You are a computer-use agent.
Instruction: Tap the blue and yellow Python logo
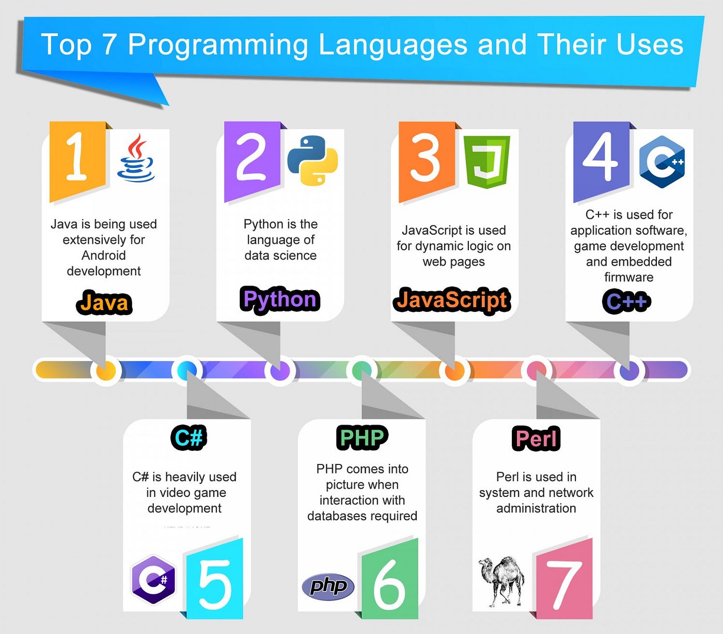click(312, 160)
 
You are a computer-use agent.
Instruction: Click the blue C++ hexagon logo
click(662, 162)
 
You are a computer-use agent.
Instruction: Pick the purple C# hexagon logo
click(153, 579)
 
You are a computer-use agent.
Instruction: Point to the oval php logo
click(328, 586)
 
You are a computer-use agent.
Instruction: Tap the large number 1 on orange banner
click(76, 156)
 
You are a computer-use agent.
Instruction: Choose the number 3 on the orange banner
click(425, 157)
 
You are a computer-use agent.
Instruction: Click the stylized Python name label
click(280, 299)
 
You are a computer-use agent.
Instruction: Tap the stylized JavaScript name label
click(452, 300)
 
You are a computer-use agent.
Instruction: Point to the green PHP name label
click(362, 438)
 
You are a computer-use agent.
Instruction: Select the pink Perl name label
click(536, 439)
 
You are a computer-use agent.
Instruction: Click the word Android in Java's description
click(104, 255)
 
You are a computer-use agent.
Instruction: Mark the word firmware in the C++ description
click(628, 277)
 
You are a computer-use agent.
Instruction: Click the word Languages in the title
click(393, 44)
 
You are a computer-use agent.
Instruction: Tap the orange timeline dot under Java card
click(106, 371)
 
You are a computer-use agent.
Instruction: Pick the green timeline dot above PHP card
click(361, 370)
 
